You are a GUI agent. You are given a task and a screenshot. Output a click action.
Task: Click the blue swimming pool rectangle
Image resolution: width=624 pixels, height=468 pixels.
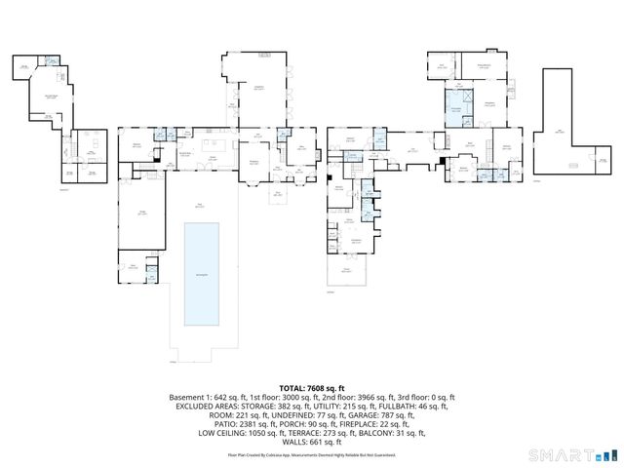(202, 274)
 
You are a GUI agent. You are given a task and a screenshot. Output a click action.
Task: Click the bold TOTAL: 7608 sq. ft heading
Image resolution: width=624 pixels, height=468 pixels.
(311, 388)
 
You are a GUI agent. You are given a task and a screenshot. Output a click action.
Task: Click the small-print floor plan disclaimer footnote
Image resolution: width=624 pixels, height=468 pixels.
(311, 454)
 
